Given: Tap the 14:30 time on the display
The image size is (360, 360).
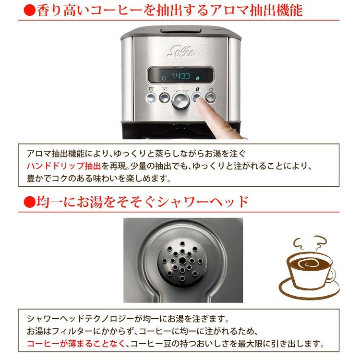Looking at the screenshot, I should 181,76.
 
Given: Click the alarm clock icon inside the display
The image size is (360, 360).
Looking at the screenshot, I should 164,77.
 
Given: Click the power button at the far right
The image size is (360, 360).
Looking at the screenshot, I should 211,98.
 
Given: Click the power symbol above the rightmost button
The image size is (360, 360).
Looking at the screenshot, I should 211,89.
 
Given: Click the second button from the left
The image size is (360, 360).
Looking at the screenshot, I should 164,98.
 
